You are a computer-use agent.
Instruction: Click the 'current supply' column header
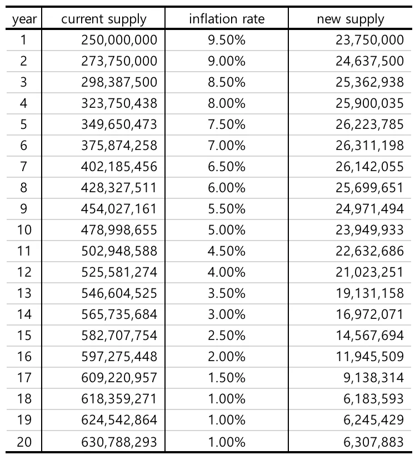(x=103, y=19)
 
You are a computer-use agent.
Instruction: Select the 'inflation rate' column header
(x=227, y=19)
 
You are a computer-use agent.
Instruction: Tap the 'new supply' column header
(x=350, y=19)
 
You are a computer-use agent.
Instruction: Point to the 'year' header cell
(x=23, y=19)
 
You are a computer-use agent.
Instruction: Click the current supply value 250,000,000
(x=119, y=40)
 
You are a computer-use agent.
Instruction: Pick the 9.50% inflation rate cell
(x=226, y=40)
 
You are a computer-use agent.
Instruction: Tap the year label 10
(x=23, y=230)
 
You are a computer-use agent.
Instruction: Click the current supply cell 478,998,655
(x=119, y=230)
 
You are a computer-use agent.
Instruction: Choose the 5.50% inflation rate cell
(x=226, y=209)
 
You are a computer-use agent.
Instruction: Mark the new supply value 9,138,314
(x=377, y=378)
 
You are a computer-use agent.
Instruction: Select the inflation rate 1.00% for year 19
(x=226, y=420)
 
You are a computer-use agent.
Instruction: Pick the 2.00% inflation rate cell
(x=226, y=357)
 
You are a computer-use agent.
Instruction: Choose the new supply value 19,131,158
(x=369, y=293)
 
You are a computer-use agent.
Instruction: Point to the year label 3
(x=23, y=82)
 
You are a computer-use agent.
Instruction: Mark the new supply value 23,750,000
(x=369, y=40)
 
